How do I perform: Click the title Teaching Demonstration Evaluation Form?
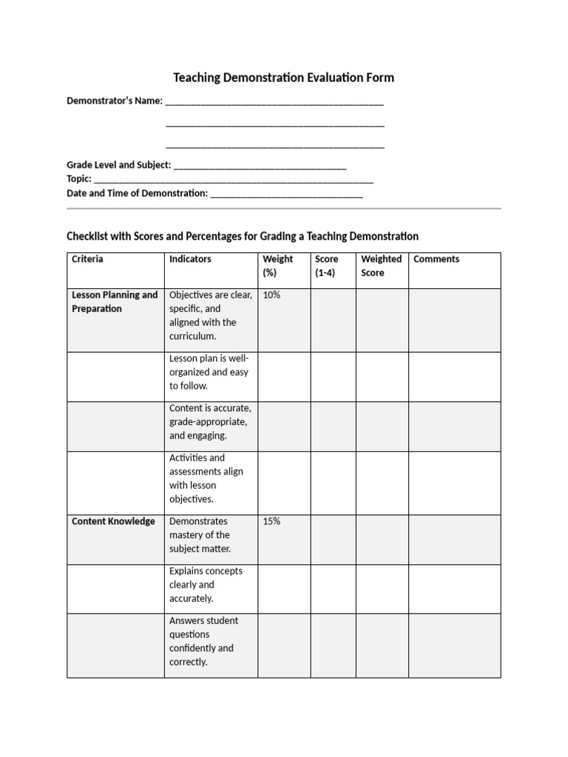pos(283,78)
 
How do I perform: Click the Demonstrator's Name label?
pos(115,101)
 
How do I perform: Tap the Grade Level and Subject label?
pos(119,165)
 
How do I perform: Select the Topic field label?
pos(79,179)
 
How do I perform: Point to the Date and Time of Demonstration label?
pos(138,193)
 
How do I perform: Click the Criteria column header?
pos(87,259)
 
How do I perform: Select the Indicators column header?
pos(190,259)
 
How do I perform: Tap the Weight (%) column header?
pos(277,266)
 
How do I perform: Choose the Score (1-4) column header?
pos(326,266)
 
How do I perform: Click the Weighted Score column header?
pos(381,266)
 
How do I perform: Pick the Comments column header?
pos(436,259)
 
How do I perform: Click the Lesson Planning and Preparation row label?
pos(115,302)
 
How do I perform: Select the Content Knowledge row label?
pos(113,521)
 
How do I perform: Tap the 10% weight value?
pos(271,295)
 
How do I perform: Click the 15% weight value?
pos(271,521)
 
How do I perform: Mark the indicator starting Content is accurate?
pos(210,422)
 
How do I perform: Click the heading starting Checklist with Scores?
pos(243,237)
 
